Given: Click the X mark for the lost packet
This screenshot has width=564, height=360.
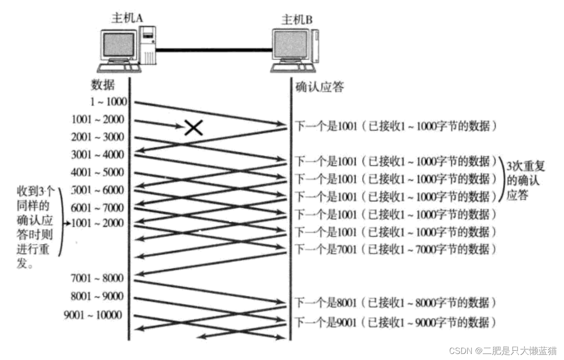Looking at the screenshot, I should tap(194, 127).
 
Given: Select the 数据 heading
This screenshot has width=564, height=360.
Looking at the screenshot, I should tap(102, 85).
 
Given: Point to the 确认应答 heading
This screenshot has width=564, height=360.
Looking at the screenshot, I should tap(319, 87).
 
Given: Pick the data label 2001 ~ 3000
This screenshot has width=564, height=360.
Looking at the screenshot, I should tap(98, 137).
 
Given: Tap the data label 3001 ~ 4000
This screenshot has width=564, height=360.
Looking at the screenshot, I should tap(98, 155).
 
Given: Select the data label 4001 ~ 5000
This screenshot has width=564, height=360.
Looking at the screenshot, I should tap(98, 172).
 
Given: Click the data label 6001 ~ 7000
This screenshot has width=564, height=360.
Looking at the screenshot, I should tap(98, 207).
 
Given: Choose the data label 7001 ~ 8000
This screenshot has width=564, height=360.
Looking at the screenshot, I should tap(98, 278).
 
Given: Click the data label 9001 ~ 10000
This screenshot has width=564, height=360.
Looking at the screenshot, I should tap(93, 315).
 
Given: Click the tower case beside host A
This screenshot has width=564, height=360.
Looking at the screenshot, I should tap(148, 46).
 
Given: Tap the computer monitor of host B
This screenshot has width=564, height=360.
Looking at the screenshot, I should tap(290, 45).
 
